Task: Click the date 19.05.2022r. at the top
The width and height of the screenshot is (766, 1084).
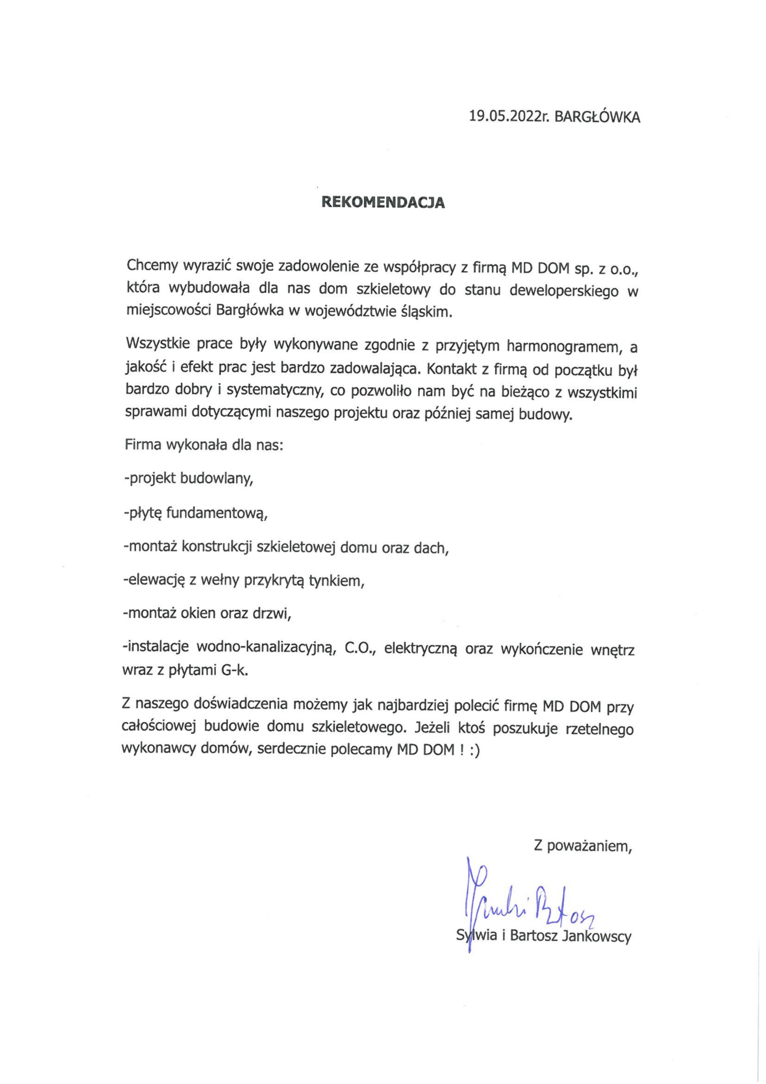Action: click(510, 116)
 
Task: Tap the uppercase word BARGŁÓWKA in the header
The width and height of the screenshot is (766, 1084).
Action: click(597, 117)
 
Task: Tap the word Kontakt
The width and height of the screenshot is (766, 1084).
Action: click(451, 370)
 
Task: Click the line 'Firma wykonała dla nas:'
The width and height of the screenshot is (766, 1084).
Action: click(204, 445)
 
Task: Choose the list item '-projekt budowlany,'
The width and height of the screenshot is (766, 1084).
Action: click(188, 479)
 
